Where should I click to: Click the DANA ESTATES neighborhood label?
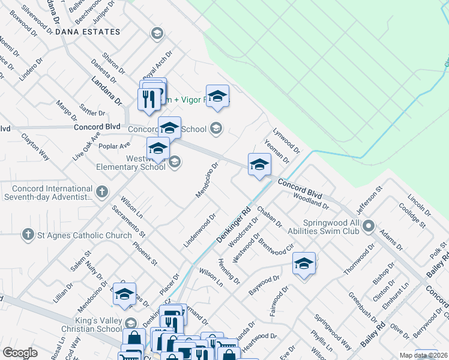tap(88, 32)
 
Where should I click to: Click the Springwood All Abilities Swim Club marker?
tap(369, 227)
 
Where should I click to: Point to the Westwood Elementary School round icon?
tap(175, 161)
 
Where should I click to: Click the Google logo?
tap(20, 353)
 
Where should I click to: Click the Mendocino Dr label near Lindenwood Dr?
tap(206, 179)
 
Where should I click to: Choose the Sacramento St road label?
tap(129, 221)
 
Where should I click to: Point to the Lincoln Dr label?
tap(419, 205)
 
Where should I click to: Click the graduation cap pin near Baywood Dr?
tap(304, 264)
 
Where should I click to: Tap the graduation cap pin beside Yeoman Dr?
tap(259, 164)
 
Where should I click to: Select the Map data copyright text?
tap(423, 355)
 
